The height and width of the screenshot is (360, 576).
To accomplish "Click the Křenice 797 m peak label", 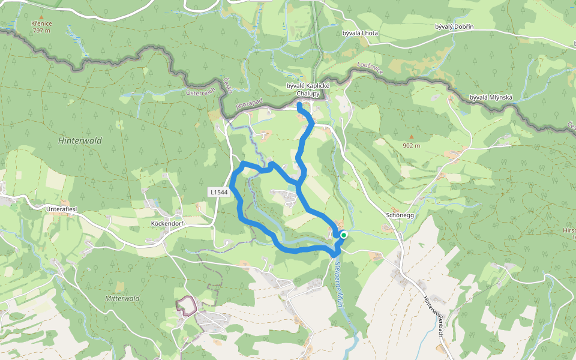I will (x=42, y=26).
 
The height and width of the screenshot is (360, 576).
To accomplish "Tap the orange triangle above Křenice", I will (x=41, y=17).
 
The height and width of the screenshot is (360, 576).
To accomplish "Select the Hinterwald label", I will (x=80, y=141).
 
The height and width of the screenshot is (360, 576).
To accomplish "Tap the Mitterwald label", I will (x=122, y=298).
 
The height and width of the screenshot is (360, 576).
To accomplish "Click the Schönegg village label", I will (x=401, y=215).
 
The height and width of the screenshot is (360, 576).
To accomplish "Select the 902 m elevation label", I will (x=411, y=145).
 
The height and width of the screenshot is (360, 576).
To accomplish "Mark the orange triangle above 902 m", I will (x=411, y=136).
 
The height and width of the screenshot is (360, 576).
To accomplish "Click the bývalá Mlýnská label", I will (x=489, y=97).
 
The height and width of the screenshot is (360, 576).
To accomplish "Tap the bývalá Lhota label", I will (x=360, y=33).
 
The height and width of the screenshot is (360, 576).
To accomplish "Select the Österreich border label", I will (x=200, y=93).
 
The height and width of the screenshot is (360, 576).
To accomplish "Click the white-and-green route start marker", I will (x=344, y=235).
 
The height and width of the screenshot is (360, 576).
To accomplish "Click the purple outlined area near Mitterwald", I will (x=187, y=305).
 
